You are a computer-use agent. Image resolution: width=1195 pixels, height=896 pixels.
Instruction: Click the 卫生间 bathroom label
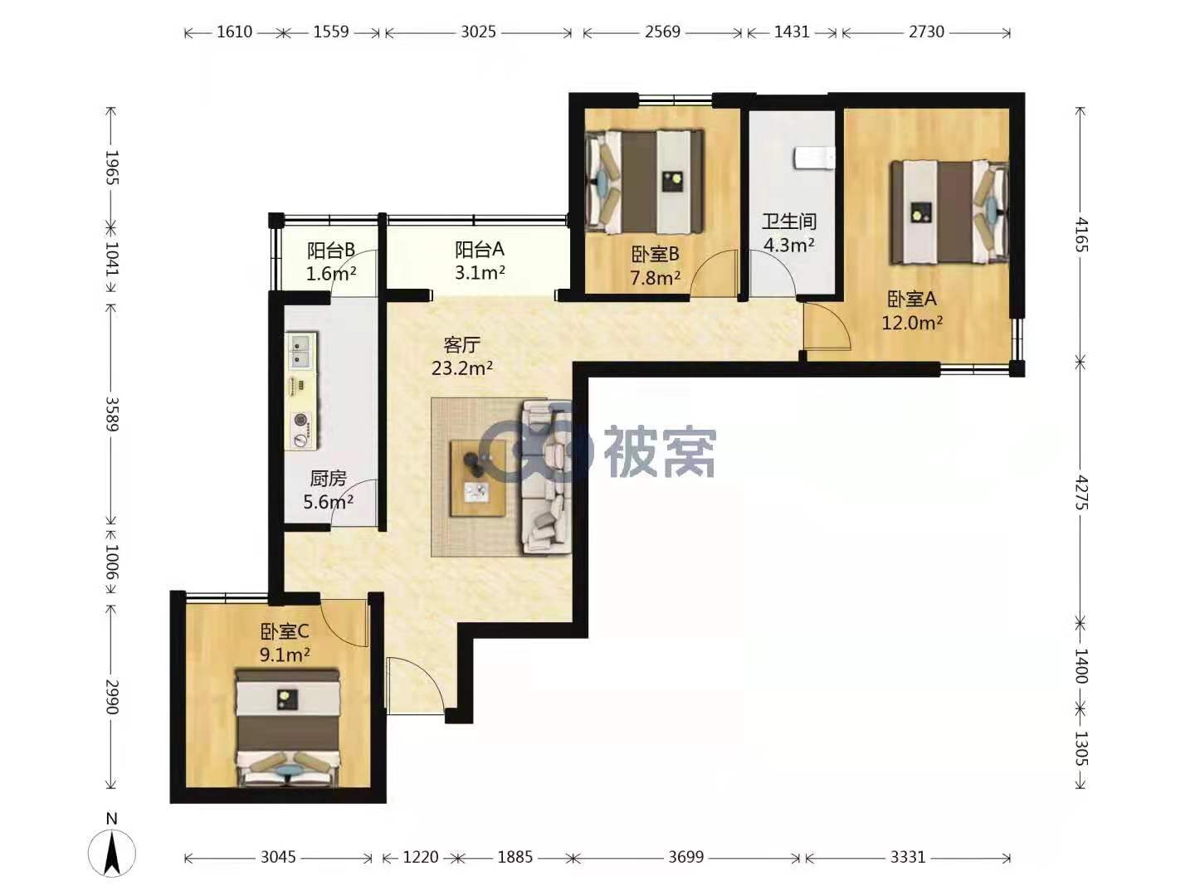pyautogui.click(x=789, y=222)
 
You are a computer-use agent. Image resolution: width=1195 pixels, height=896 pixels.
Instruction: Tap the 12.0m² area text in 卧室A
pyautogui.click(x=912, y=324)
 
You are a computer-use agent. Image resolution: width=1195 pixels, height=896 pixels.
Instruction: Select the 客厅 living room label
pyautogui.click(x=461, y=344)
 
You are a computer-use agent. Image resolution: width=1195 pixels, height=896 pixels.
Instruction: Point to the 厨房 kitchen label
pyautogui.click(x=328, y=478)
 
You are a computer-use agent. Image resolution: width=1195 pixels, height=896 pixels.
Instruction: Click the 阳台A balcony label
pyautogui.click(x=480, y=249)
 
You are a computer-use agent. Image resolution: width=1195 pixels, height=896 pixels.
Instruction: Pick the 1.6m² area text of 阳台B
pyautogui.click(x=331, y=273)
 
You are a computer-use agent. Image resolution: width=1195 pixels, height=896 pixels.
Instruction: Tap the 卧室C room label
pyautogui.click(x=285, y=631)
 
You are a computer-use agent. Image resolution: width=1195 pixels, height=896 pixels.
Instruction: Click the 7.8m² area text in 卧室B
pyautogui.click(x=655, y=278)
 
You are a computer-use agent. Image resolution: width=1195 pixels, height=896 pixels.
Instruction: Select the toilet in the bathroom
pyautogui.click(x=814, y=158)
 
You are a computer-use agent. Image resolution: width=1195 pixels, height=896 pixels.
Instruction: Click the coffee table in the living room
pyautogui.click(x=477, y=478)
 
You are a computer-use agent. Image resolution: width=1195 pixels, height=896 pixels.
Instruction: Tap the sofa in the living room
pyautogui.click(x=547, y=477)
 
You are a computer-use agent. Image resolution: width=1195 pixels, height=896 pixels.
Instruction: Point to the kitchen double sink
pyautogui.click(x=301, y=350)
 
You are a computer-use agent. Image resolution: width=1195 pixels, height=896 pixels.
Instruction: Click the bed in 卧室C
pyautogui.click(x=287, y=728)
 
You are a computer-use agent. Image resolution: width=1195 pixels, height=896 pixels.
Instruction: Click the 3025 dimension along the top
pyautogui.click(x=478, y=32)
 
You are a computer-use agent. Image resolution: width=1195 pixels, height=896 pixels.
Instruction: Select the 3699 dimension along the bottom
pyautogui.click(x=686, y=857)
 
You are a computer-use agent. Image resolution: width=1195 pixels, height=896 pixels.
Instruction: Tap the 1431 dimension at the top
pyautogui.click(x=792, y=32)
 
